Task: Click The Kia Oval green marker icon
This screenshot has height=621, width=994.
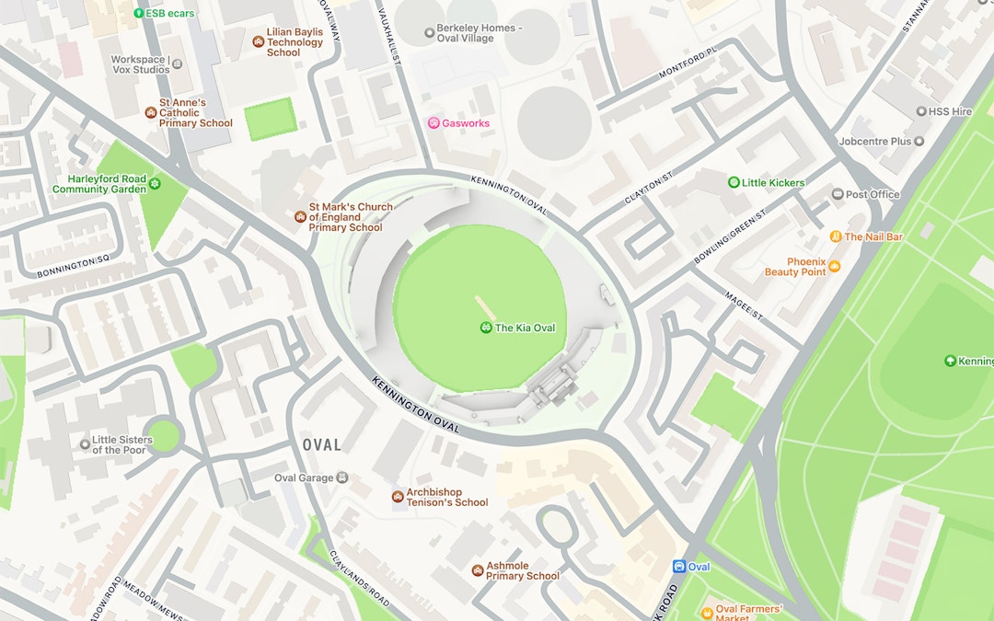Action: click(x=486, y=328)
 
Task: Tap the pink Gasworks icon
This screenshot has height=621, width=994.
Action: click(x=433, y=123)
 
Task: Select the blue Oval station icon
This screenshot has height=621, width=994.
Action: click(x=679, y=567)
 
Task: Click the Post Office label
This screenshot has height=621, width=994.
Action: click(x=873, y=194)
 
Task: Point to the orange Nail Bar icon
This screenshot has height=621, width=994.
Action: click(x=836, y=236)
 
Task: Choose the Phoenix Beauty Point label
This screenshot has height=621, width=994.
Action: click(x=795, y=267)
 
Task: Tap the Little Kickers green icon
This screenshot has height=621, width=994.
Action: click(x=734, y=182)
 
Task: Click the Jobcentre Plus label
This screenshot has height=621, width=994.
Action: click(x=874, y=142)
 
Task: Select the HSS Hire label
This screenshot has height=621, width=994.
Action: click(x=950, y=111)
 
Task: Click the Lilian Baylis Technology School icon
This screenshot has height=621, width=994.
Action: click(x=259, y=41)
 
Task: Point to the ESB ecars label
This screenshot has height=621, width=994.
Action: click(x=170, y=14)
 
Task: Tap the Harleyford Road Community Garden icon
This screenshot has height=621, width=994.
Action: click(x=155, y=184)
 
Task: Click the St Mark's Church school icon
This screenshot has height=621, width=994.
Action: click(x=300, y=217)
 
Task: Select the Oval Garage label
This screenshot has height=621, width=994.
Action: click(x=304, y=477)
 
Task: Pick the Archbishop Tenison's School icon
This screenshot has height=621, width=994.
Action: click(x=398, y=497)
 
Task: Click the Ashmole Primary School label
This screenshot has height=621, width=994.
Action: click(x=523, y=570)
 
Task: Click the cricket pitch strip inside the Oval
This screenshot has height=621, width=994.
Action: click(x=485, y=307)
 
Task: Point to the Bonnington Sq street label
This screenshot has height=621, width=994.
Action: click(x=73, y=268)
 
